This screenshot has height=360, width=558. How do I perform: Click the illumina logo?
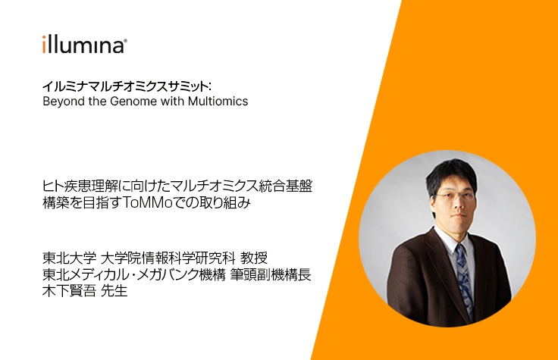[x=85, y=45]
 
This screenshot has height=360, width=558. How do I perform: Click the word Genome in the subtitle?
[x=133, y=102]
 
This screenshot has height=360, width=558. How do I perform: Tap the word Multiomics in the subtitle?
[x=218, y=102]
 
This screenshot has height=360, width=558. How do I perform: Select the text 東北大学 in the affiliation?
[x=69, y=258]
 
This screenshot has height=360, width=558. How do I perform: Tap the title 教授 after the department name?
[x=254, y=258]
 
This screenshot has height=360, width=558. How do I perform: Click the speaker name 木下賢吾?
[x=69, y=291]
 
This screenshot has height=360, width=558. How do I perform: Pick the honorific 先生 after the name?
[x=114, y=291]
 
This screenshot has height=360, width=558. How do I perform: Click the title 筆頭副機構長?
[x=271, y=274]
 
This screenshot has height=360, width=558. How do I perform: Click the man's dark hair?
[x=451, y=175]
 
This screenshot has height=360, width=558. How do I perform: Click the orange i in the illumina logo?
[x=44, y=45]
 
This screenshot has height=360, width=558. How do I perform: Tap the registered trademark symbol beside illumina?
[x=125, y=41]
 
